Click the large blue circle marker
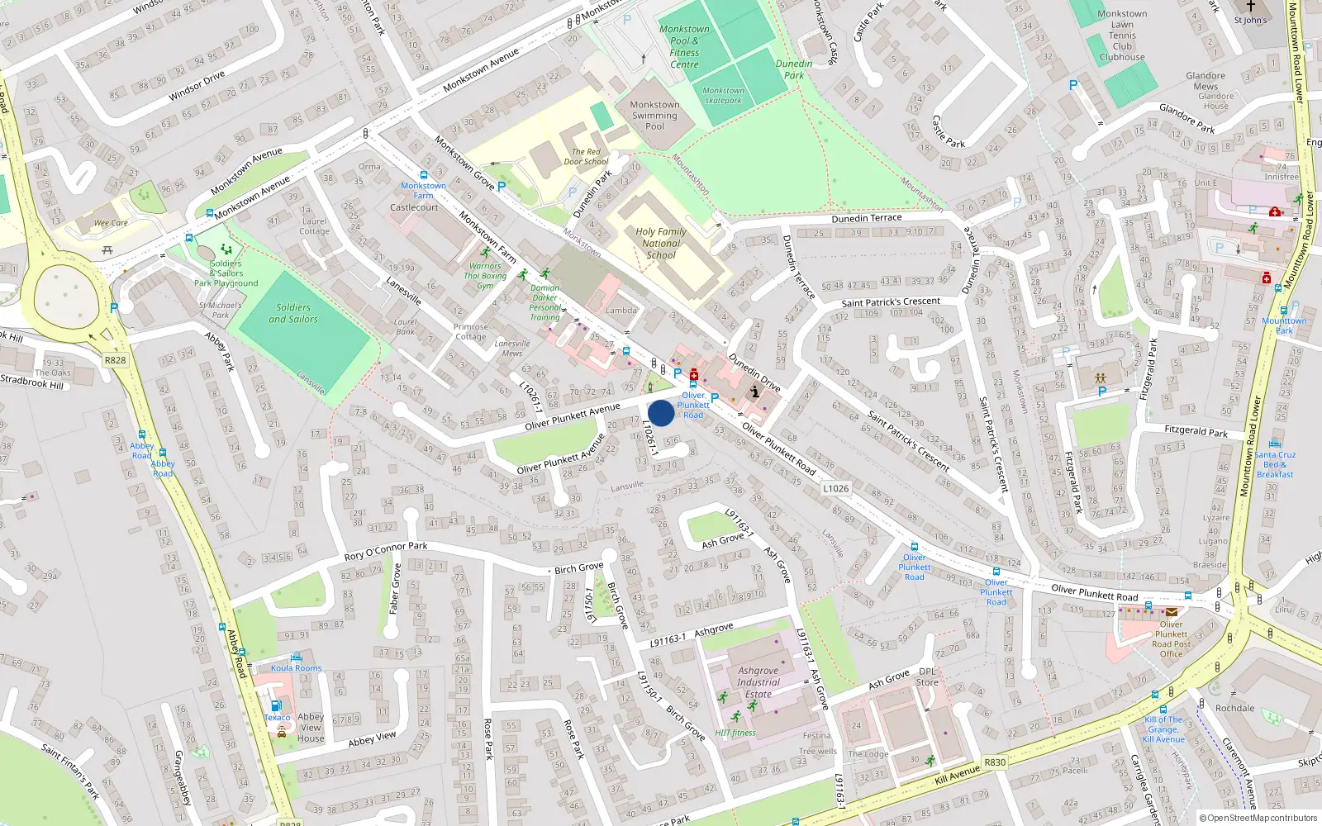point(661,413)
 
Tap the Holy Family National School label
point(661,244)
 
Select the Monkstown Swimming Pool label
point(654,116)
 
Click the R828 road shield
point(115,360)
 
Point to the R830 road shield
point(995,762)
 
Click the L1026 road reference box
point(835,488)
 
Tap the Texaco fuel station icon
point(276,706)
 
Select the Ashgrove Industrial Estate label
point(758,682)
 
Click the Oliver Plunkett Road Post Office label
point(1171,639)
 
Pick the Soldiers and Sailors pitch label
point(293,313)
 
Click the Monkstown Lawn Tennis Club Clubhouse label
point(1122,36)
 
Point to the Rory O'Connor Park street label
point(386,551)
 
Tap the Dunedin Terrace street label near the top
point(867,218)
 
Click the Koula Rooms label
point(296,668)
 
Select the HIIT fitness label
point(735,733)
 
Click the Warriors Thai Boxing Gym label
point(485,276)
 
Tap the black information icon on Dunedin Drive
point(754,392)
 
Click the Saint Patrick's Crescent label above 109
point(891,302)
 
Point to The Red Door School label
point(586,157)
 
